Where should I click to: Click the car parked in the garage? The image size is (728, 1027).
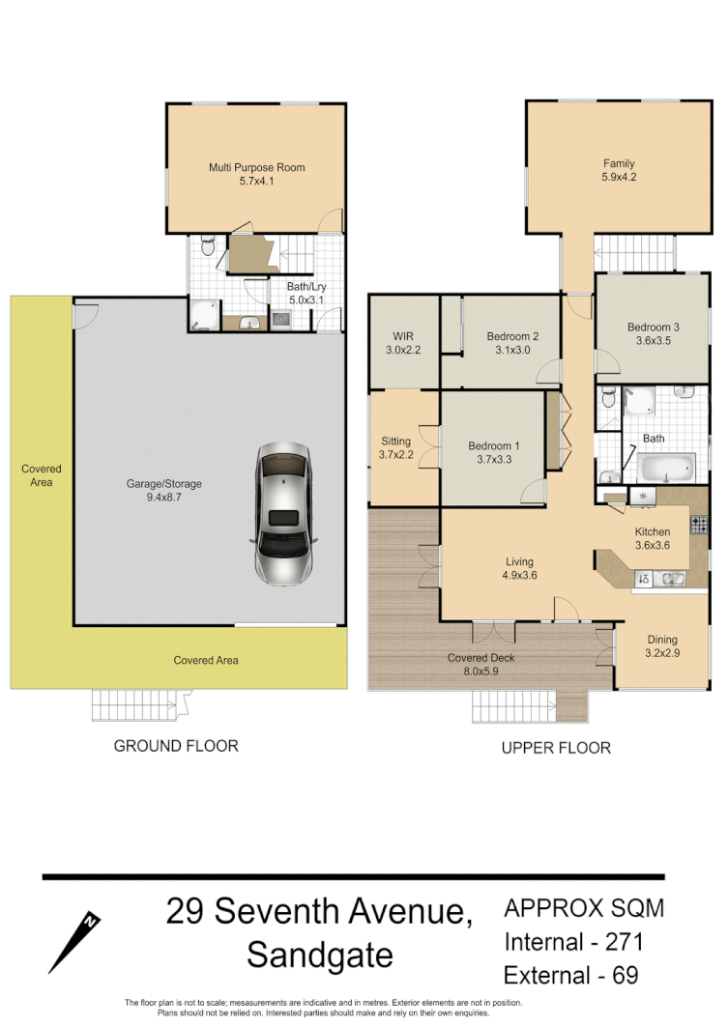click(285, 515)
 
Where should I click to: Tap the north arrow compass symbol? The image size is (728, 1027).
click(75, 941)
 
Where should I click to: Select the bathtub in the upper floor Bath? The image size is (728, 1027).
click(666, 469)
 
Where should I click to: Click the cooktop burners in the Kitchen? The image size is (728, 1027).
click(698, 525)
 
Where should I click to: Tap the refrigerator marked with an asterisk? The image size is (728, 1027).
click(643, 496)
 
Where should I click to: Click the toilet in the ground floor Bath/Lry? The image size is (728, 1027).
click(206, 247)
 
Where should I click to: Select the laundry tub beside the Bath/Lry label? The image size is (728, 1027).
click(281, 318)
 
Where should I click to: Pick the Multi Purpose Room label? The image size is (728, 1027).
click(256, 168)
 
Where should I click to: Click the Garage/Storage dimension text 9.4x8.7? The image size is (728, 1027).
click(163, 498)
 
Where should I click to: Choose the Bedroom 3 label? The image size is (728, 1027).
click(653, 328)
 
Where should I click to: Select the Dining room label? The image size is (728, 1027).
click(662, 640)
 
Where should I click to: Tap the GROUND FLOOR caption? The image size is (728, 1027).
click(176, 746)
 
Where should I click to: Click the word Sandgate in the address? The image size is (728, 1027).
click(320, 956)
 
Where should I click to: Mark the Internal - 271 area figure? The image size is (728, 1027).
click(573, 941)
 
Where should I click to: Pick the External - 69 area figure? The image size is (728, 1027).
click(570, 974)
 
